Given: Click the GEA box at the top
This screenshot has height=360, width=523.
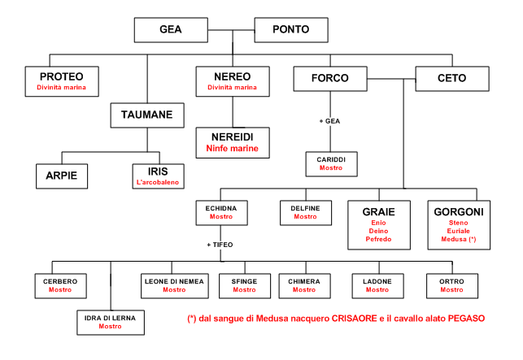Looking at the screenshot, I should pos(170,31).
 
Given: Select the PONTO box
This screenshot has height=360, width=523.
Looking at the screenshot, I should pos(292,31).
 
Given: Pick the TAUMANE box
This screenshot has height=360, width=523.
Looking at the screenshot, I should pos(148,115).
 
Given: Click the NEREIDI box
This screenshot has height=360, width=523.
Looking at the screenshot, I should pos(233,141).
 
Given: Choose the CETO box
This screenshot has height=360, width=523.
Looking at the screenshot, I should pos(452,79).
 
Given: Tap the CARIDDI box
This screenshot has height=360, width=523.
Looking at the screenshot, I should pos(330,163).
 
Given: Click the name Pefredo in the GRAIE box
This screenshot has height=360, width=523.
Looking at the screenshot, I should pos(378,241).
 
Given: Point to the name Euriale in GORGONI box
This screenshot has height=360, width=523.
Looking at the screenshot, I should pos(456,231).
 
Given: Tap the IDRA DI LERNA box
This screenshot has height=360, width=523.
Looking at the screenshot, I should pos(110,321).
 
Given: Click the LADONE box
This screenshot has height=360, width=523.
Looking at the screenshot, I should pos(377,285).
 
